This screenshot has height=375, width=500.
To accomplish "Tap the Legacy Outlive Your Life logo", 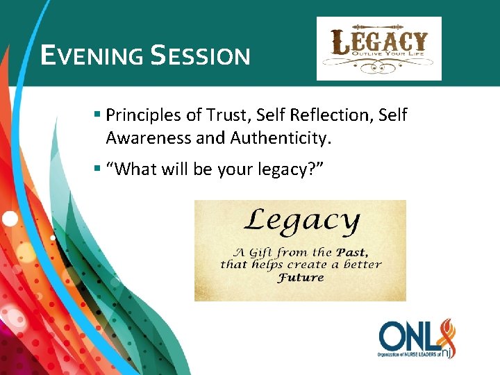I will point(378,49).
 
